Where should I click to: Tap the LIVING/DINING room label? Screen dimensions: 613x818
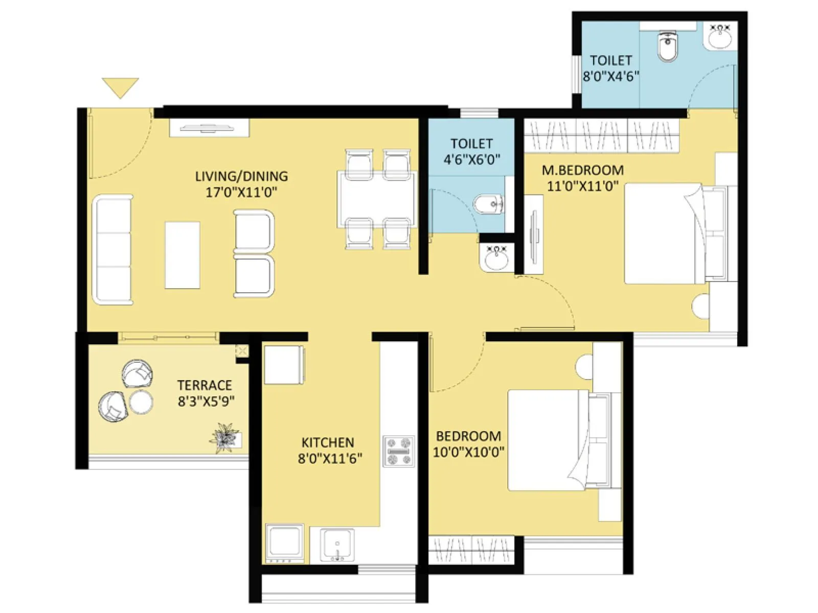pyautogui.click(x=241, y=176)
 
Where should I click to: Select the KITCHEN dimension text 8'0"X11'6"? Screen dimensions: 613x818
pyautogui.click(x=330, y=458)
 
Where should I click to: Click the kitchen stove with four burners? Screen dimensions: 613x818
pyautogui.click(x=398, y=451)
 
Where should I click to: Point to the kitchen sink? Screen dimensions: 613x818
pyautogui.click(x=337, y=545)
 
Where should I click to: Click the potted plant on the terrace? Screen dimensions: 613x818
pyautogui.click(x=224, y=438)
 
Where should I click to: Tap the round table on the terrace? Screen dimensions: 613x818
pyautogui.click(x=140, y=403)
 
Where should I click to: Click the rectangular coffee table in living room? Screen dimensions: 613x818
pyautogui.click(x=182, y=254)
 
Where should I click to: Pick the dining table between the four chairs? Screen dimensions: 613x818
pyautogui.click(x=377, y=199)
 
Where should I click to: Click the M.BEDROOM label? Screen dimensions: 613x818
pyautogui.click(x=582, y=170)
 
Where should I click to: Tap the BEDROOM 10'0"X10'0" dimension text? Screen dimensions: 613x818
pyautogui.click(x=468, y=452)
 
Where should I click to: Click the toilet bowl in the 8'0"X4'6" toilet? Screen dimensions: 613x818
pyautogui.click(x=666, y=47)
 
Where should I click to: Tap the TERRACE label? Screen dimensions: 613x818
pyautogui.click(x=204, y=385)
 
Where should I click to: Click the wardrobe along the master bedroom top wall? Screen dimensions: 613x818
pyautogui.click(x=601, y=135)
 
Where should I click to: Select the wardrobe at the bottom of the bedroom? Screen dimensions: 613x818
pyautogui.click(x=470, y=550)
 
